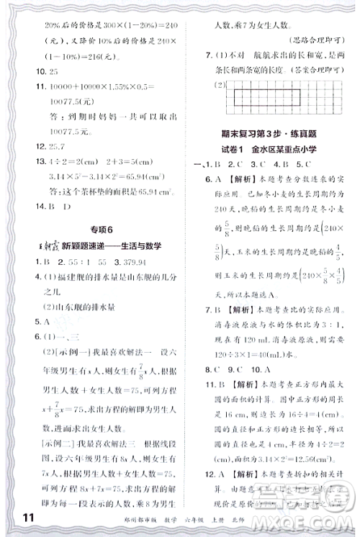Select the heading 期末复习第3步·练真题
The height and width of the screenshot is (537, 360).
271,130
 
